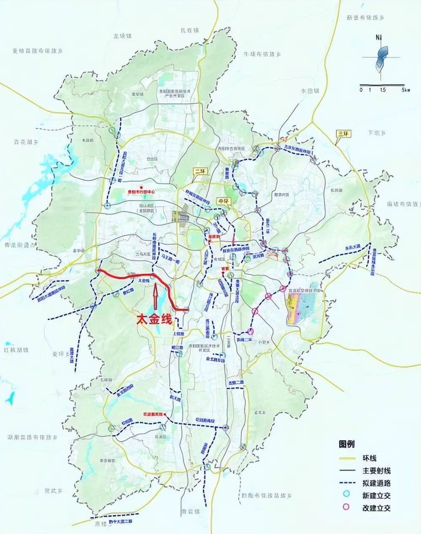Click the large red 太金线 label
(154, 320)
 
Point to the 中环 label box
(223, 201)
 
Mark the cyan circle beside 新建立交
(347, 495)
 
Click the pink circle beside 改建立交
(347, 507)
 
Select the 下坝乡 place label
(377, 133)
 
